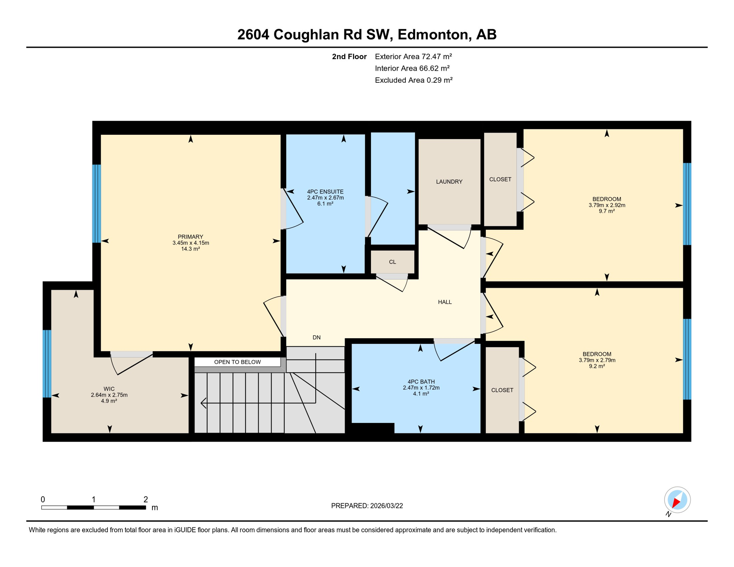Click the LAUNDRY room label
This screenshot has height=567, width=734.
tap(449, 182)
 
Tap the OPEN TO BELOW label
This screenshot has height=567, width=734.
tap(237, 362)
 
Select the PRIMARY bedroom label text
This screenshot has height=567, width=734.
tap(191, 237)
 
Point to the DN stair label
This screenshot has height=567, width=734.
tap(316, 337)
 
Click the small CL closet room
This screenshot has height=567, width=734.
tap(392, 262)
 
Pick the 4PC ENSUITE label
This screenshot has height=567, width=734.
tap(325, 192)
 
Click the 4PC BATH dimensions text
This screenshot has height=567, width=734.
tap(421, 388)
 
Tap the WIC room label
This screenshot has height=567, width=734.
tap(109, 389)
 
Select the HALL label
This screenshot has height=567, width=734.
tap(445, 302)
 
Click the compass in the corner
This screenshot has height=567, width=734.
tap(677, 500)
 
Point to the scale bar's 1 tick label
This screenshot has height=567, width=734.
tap(94, 499)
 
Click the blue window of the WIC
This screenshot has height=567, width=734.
tap(47, 364)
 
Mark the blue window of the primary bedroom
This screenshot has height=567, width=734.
tap(96, 203)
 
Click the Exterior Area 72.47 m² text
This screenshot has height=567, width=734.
tap(413, 56)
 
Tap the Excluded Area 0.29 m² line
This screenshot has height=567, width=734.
tap(414, 80)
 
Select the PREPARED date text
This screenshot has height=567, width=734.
tap(367, 506)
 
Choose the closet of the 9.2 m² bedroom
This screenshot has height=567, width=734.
tap(502, 390)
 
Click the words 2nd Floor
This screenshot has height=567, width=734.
tap(349, 56)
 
